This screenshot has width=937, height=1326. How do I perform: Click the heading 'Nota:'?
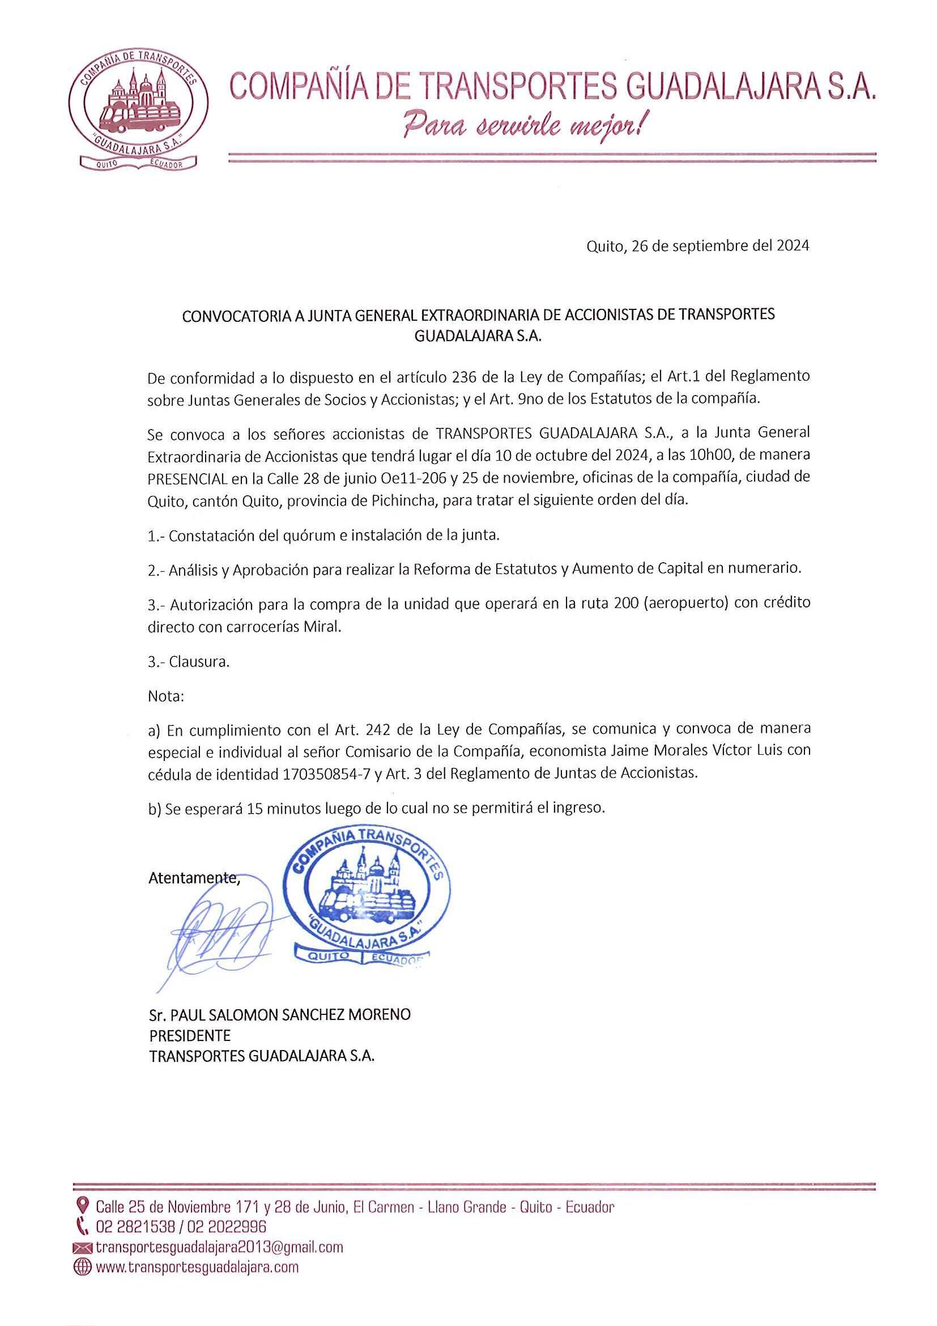pyautogui.click(x=165, y=696)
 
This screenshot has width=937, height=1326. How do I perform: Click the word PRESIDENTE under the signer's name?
pyautogui.click(x=190, y=1035)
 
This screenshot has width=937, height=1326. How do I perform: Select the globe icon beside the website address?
pyautogui.click(x=83, y=1267)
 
